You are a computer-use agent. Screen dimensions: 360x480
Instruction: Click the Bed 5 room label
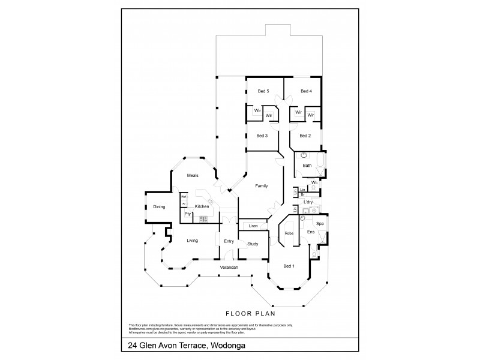[263, 91]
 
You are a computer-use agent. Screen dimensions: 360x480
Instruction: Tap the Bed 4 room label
[306, 91]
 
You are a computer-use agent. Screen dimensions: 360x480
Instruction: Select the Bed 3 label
[262, 136]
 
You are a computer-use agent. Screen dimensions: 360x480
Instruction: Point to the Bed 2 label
[305, 136]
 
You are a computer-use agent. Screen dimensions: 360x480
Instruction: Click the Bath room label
[307, 166]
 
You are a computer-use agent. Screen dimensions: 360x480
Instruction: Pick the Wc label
[314, 182]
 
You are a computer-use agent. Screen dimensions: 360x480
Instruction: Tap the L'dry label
[308, 202]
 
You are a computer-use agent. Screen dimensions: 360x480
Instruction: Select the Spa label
[320, 223]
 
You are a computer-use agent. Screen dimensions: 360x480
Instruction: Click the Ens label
[310, 232]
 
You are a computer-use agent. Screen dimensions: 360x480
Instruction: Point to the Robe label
[289, 233]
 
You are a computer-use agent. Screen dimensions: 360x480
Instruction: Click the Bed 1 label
[289, 265]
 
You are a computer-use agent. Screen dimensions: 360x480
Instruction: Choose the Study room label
[252, 244]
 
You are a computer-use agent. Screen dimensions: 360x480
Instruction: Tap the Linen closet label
[253, 226]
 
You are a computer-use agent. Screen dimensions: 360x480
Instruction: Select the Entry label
[229, 241]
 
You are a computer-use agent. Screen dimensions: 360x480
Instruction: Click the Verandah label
[229, 266]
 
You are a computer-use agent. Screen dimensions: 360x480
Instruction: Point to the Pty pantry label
[187, 214]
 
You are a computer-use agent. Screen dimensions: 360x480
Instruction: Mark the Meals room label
[192, 175]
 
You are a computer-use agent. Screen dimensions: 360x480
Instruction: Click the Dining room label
[158, 207]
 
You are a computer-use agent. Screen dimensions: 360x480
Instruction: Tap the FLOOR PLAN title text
[242, 313]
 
